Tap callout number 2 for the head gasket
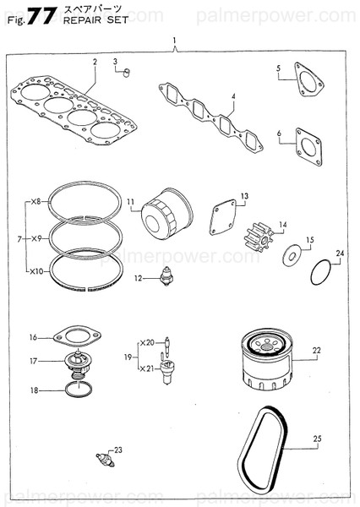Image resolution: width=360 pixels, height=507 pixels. coord(95,62)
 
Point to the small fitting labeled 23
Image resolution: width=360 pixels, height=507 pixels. coord(105,461)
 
